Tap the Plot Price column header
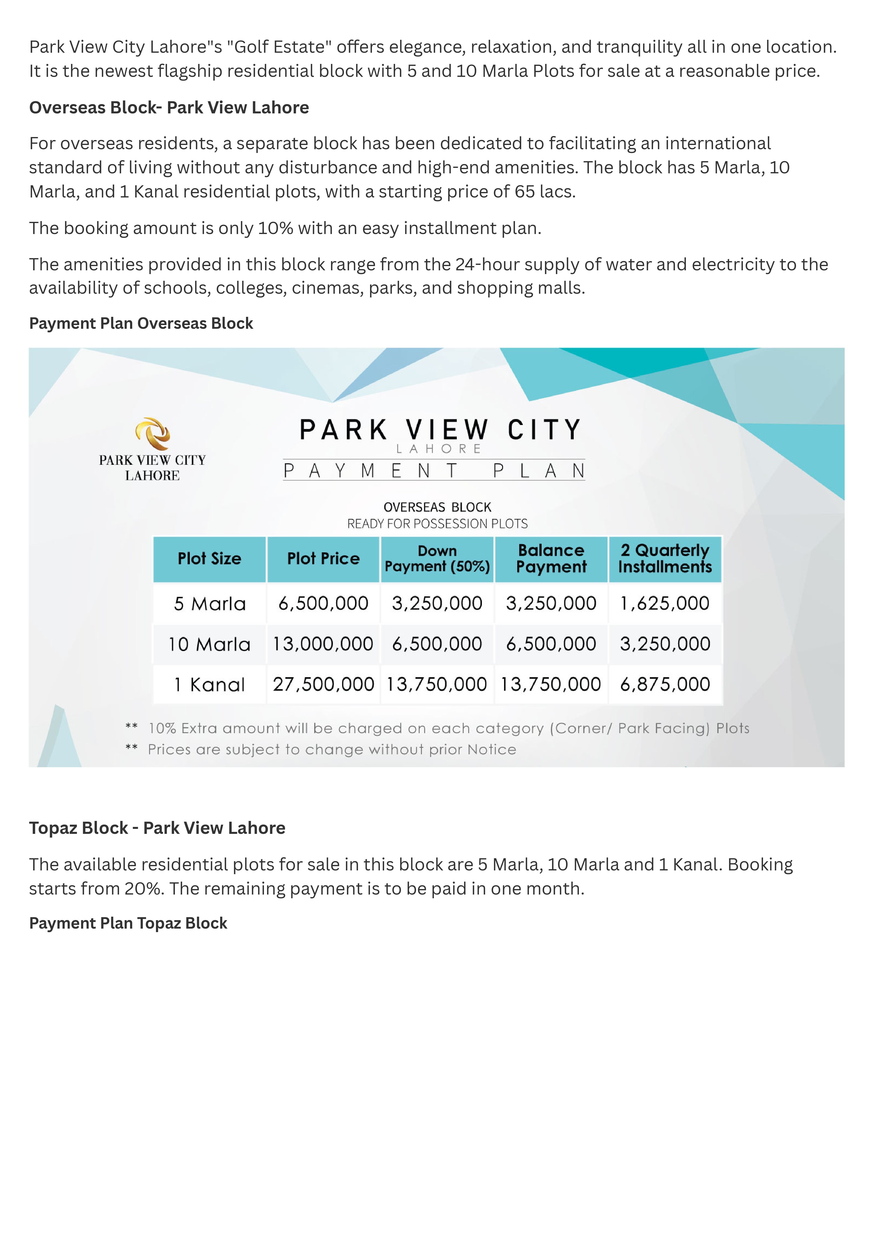coord(323,559)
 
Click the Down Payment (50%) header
coord(437,559)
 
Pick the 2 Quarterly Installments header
coord(665,559)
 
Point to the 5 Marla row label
coord(210,604)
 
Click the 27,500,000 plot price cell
coord(323,684)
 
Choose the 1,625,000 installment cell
coord(665,603)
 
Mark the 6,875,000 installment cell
coord(665,684)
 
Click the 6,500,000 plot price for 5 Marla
coord(323,603)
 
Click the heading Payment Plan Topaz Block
coord(128,923)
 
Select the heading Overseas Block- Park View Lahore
coord(169,107)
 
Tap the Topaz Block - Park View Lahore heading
coord(157,828)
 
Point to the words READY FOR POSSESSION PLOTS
coord(437,524)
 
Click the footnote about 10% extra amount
coord(448,728)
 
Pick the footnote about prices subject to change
coord(332,750)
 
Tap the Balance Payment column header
coord(551,559)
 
